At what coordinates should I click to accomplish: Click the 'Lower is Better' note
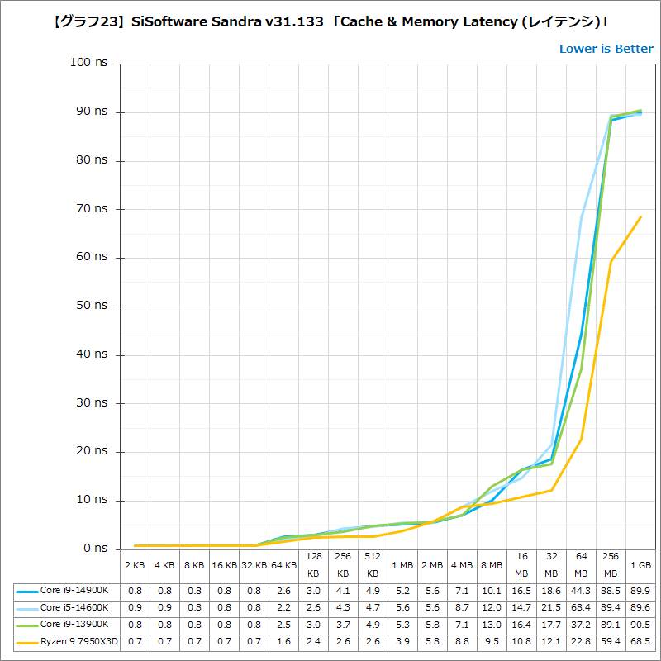tap(606, 49)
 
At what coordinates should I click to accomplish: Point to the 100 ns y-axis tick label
tap(88, 63)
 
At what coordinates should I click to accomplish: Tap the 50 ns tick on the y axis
tap(91, 306)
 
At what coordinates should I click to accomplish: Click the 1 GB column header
tap(640, 565)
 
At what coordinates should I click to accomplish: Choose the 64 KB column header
tap(283, 565)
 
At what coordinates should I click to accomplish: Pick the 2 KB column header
tap(135, 565)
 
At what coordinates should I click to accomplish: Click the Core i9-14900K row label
tap(74, 590)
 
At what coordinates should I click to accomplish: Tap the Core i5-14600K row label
tap(74, 606)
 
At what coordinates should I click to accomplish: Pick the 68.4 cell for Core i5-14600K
tap(581, 606)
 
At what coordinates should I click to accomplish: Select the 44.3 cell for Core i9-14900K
tap(581, 590)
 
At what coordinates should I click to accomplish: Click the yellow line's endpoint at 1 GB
tap(640, 216)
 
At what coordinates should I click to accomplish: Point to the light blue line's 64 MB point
tap(581, 217)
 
